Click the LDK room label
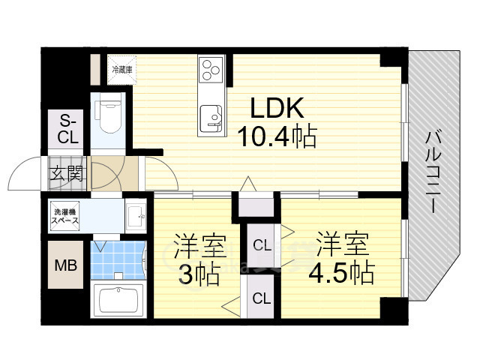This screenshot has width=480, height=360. click(277, 108)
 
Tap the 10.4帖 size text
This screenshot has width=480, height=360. click(277, 136)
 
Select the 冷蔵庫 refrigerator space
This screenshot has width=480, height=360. click(121, 70)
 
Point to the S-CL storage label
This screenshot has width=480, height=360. click(68, 129)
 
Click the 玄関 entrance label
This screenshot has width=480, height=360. click(67, 175)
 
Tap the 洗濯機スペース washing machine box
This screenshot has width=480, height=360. click(65, 216)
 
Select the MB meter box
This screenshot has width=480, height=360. click(65, 265)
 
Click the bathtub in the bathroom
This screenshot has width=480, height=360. click(118, 301)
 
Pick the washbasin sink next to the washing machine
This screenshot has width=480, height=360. click(136, 217)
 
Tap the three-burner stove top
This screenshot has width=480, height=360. click(211, 70)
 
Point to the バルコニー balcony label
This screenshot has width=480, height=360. click(433, 172)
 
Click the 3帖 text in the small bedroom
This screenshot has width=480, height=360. click(199, 274)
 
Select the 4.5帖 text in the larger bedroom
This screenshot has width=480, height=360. click(341, 272)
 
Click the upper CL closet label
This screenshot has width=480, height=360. click(262, 245)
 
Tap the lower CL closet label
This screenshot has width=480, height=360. click(262, 298)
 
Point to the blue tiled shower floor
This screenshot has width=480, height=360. click(118, 260)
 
